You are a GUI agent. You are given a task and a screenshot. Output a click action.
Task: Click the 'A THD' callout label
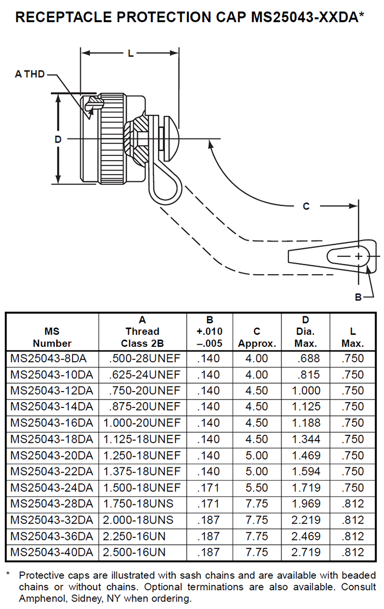pos(30,74)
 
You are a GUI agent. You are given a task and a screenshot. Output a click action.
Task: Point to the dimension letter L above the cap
pos(131,54)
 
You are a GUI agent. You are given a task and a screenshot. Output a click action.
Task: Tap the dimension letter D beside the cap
pos(58,139)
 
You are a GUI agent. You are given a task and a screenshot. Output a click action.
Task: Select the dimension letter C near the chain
pos(306,206)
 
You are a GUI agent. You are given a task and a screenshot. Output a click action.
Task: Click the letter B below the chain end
pos(358,297)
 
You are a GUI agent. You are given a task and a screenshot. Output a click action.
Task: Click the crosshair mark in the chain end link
pos(358,256)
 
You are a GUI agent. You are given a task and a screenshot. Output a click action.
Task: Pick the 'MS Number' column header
pos(52,337)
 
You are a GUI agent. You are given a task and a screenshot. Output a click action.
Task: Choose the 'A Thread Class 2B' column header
pos(143,332)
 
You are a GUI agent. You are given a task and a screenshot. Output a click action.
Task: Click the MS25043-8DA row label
pos(48,358)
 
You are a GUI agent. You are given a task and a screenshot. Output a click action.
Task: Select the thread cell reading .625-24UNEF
pos(145,375)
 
